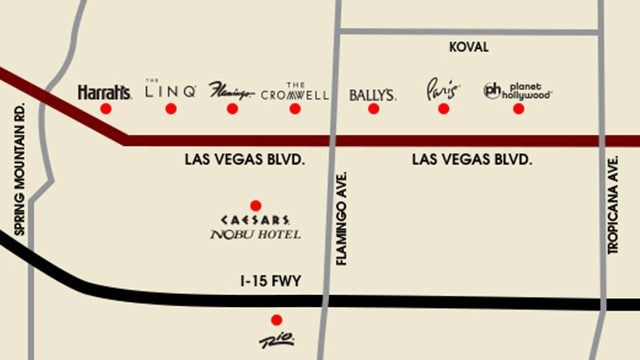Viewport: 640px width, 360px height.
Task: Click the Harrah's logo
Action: [x=104, y=92]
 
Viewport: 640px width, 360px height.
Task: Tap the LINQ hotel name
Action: [x=170, y=91]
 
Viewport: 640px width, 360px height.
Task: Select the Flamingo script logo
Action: [x=232, y=92]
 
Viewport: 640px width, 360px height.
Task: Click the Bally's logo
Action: [x=373, y=95]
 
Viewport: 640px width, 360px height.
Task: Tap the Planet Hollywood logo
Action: [x=518, y=91]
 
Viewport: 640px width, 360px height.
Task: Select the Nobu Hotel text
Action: [x=255, y=235]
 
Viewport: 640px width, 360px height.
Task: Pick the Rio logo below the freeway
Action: [x=276, y=341]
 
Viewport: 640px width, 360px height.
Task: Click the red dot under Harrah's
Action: [x=106, y=109]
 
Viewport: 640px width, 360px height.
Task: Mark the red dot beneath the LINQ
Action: [x=171, y=108]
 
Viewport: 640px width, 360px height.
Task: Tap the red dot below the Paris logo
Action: [x=444, y=108]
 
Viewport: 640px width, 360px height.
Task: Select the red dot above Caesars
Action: [x=255, y=205]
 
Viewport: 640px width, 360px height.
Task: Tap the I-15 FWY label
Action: [x=270, y=283]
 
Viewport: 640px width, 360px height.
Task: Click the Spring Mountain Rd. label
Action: [x=16, y=165]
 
